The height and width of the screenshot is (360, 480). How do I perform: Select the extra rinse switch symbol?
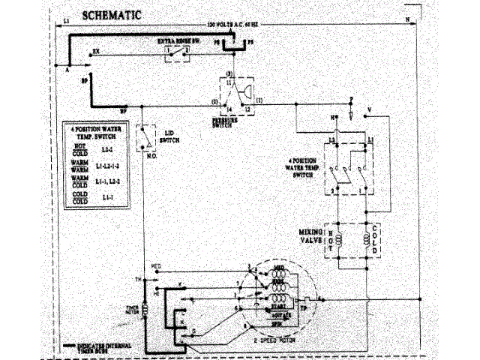point(177,53)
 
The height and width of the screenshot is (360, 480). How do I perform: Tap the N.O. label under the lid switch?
point(151,156)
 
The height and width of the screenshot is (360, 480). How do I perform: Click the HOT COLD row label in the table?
point(72,151)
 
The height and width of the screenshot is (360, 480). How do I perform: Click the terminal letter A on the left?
point(67,67)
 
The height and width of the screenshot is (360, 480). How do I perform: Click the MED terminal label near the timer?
point(156,266)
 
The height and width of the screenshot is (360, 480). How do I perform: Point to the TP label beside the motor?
point(305,307)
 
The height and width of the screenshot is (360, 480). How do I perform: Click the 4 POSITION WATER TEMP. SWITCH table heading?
point(91,133)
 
